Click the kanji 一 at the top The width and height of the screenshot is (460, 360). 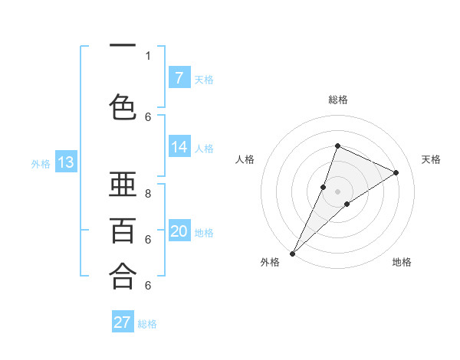coord(123,46)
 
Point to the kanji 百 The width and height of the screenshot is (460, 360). coord(123,230)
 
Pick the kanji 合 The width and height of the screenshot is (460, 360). coord(123,276)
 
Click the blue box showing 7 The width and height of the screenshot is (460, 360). coord(179,77)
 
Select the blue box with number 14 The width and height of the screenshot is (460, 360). coord(179,147)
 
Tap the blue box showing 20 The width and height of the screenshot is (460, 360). coord(179,231)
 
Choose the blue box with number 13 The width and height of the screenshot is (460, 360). coord(66,162)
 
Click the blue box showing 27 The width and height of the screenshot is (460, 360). coord(123,322)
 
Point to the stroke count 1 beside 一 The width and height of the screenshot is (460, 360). coord(148,56)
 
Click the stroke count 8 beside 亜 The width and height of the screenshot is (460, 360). coord(148,194)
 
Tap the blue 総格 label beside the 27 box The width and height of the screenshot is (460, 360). coord(147,324)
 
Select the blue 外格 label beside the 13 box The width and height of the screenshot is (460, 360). coord(41,163)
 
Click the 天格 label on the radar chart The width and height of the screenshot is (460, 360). coord(431,159)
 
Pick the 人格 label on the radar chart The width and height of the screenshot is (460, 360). coord(245,159)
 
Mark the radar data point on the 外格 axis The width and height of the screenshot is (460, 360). coord(292,253)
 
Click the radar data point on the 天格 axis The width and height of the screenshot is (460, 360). coord(396,172)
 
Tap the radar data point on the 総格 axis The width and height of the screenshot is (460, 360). coord(337,146)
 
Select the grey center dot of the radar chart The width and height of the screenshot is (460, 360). coord(337,191)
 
